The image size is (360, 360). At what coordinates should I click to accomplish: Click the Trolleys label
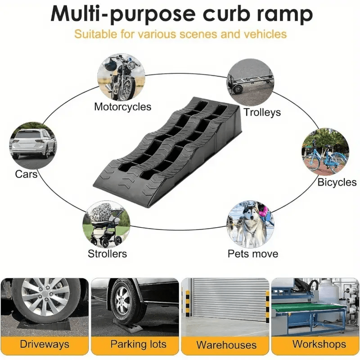(x=262, y=112)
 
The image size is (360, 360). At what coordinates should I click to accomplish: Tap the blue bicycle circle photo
(x=325, y=152)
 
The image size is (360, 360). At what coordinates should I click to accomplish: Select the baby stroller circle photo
(x=106, y=224)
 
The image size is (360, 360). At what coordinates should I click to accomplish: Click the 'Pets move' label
(x=253, y=254)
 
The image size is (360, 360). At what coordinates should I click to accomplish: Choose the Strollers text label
(x=107, y=254)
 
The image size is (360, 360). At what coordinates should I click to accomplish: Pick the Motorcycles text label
(x=122, y=107)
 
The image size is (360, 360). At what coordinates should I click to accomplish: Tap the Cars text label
(x=26, y=174)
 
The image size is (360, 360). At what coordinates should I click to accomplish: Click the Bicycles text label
(x=337, y=182)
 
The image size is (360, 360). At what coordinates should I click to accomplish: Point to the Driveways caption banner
(x=45, y=345)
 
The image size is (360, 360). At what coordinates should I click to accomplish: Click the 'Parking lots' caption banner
(x=135, y=345)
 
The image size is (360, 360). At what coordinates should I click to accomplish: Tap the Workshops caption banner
(x=315, y=345)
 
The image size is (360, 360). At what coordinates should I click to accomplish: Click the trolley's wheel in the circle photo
(x=238, y=89)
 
